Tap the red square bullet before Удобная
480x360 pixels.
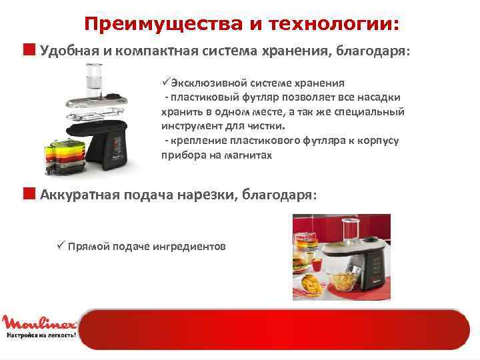tap(30, 49)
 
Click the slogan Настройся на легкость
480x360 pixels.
tap(40, 336)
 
